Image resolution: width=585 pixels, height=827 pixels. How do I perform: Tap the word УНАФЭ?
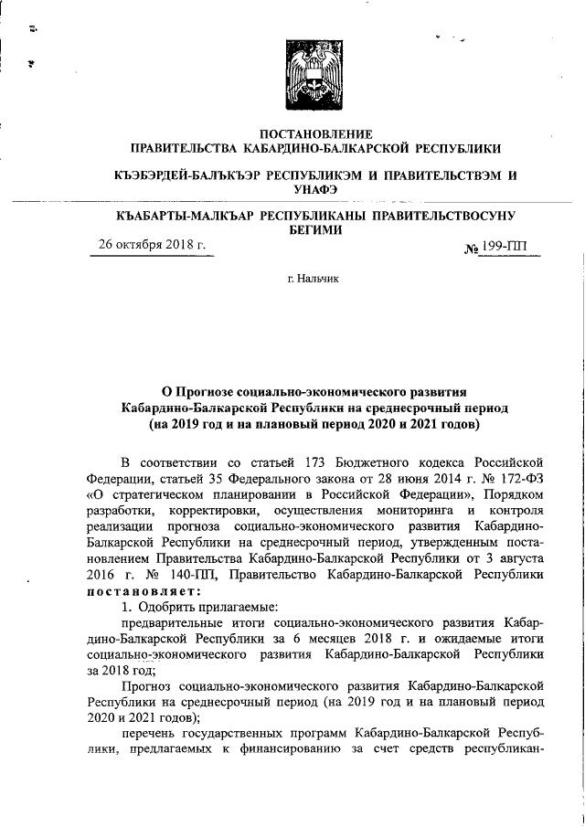(315, 188)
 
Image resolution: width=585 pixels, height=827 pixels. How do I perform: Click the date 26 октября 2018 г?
(153, 247)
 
